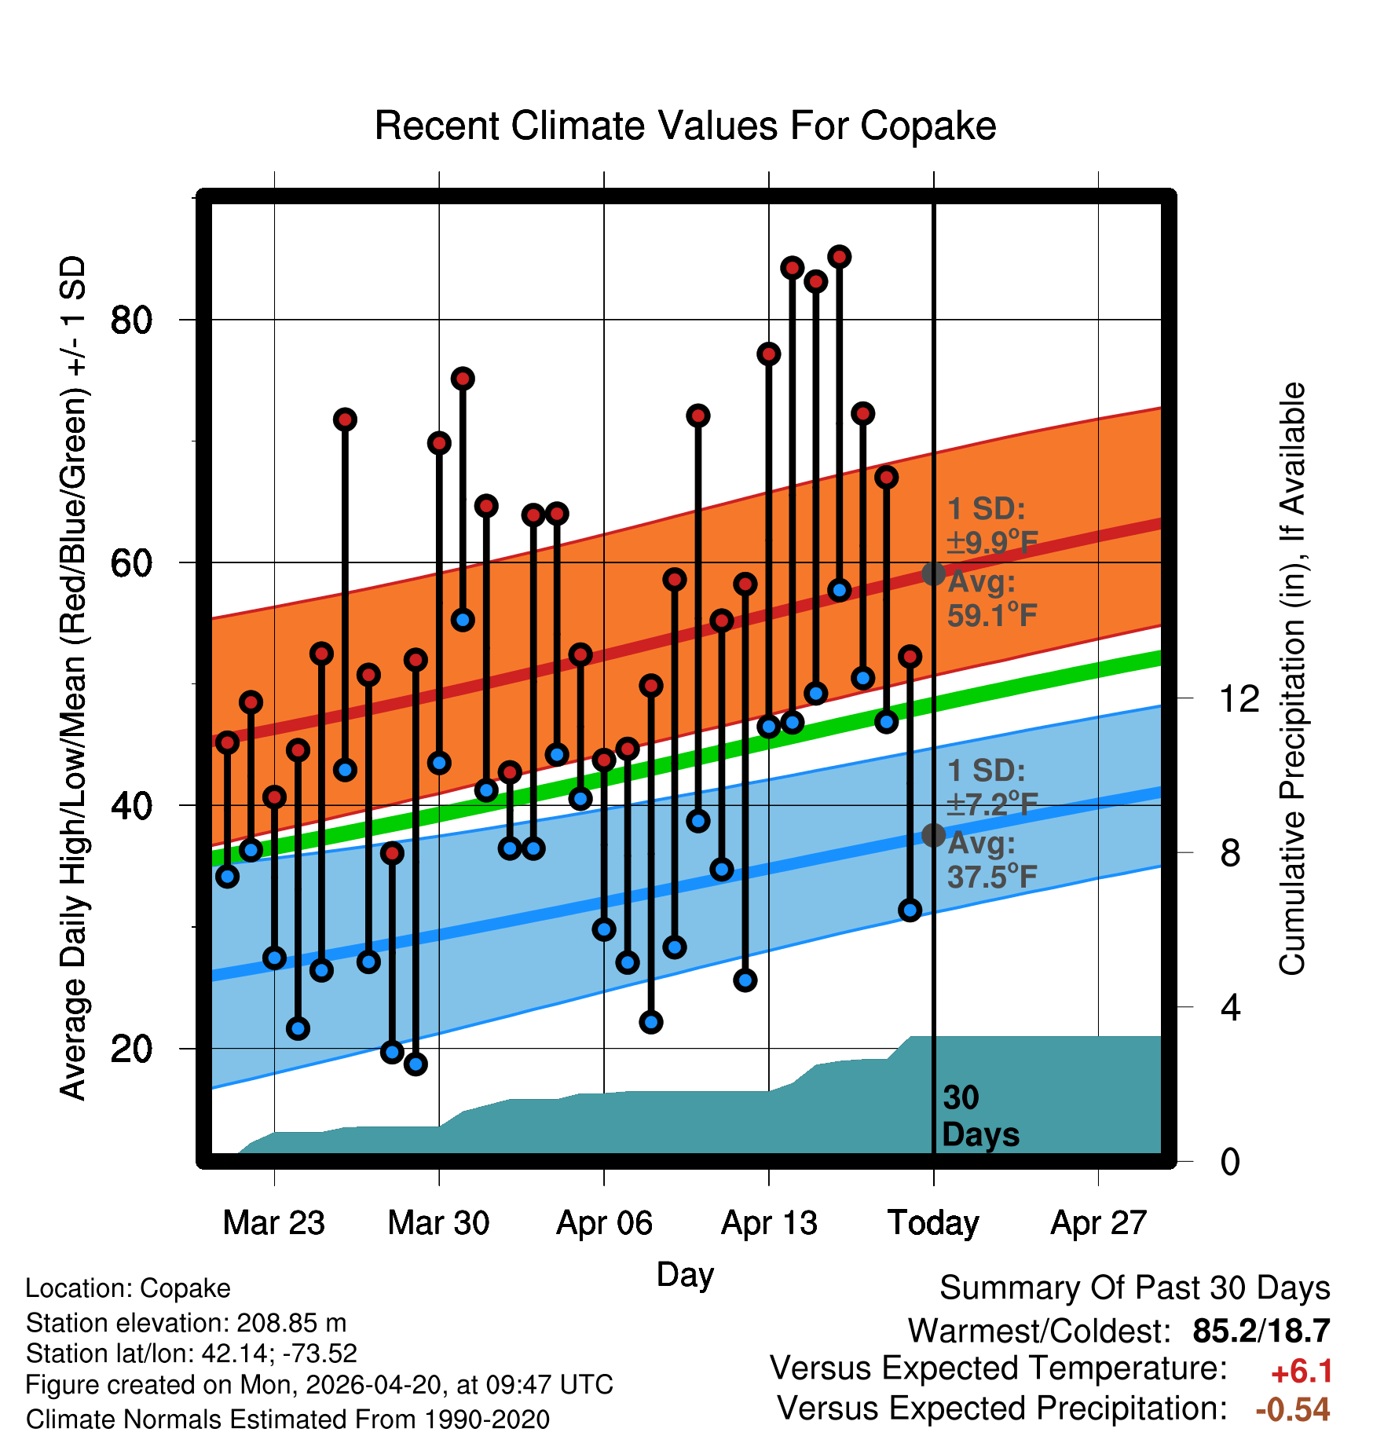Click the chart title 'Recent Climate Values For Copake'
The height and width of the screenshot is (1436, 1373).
point(685,126)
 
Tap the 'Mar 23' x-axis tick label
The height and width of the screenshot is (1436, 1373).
point(273,1223)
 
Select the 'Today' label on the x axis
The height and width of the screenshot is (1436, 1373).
point(933,1223)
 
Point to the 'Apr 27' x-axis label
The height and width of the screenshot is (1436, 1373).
point(1099,1223)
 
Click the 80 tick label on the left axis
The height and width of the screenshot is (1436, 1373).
point(131,321)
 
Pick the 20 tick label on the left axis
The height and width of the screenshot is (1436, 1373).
point(131,1049)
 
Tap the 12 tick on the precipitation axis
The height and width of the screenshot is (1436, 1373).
point(1239,698)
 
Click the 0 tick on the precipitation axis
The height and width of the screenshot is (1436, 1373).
point(1230,1162)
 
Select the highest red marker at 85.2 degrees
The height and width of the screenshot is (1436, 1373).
point(840,257)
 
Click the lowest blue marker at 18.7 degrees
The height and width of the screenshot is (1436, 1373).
point(416,1064)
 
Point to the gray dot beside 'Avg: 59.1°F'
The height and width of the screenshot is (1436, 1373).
point(933,573)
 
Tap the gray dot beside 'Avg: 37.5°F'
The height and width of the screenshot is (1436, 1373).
point(933,835)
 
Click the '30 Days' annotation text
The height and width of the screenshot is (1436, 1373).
point(979,1116)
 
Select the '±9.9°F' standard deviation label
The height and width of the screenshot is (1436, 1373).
point(992,542)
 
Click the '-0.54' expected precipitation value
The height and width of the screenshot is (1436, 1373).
point(1292,1409)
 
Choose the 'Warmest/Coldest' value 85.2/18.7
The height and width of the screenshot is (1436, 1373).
point(1261,1331)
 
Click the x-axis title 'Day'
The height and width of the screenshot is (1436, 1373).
point(685,1274)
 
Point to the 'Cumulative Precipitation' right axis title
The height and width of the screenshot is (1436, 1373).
point(1292,680)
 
